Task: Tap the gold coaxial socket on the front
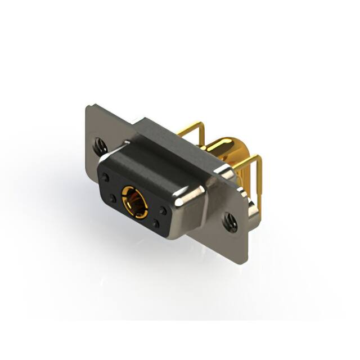coord(135,201)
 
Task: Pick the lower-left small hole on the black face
coord(112,198)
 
